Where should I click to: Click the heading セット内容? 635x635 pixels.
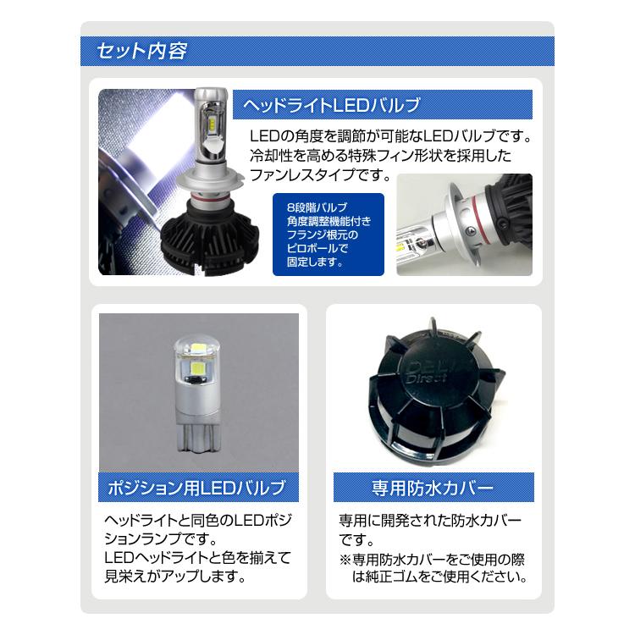pos(142,51)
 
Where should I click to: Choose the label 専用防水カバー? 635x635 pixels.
pos(433,489)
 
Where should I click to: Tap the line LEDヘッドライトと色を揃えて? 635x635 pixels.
pos(196,558)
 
